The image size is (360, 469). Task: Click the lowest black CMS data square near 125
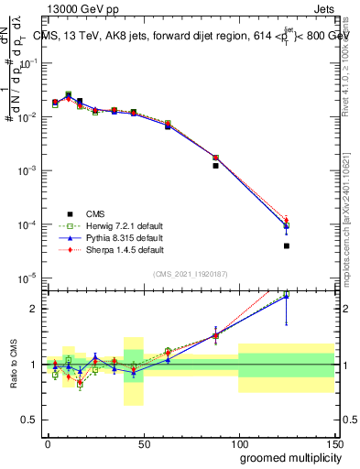click(x=287, y=245)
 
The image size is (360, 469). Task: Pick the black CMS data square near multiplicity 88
click(x=215, y=166)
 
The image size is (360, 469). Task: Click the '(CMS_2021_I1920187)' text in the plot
click(x=189, y=273)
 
